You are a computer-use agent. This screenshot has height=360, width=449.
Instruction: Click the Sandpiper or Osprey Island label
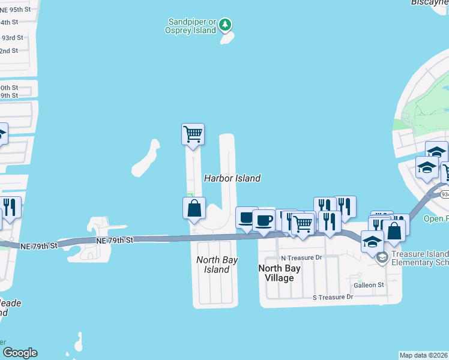tap(191, 26)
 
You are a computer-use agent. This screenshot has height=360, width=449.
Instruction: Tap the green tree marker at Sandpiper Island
tap(225, 25)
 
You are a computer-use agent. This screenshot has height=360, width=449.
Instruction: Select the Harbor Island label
tap(232, 178)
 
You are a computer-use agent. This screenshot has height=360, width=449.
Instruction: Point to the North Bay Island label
tap(217, 265)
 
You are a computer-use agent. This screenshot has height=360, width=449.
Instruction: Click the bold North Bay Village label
tap(280, 273)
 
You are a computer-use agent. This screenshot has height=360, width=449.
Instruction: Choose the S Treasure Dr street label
tap(333, 297)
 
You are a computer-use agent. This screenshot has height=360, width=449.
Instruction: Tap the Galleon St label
tap(369, 285)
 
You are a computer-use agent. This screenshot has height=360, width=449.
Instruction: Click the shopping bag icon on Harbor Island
tap(194, 208)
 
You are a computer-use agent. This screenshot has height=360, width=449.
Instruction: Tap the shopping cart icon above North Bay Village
tap(303, 224)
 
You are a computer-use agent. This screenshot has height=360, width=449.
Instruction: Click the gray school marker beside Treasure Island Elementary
tap(382, 257)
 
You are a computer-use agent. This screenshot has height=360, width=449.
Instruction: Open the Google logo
tap(20, 353)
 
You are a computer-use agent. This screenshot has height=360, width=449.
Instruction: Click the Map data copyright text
tap(424, 355)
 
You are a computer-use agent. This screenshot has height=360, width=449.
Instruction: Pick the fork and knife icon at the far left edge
tap(10, 207)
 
